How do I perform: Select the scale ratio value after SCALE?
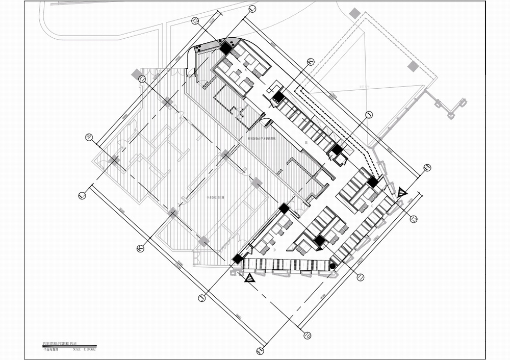[x=89, y=349]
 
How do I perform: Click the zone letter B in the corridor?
[x=306, y=142]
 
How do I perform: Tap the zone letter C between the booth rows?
[x=372, y=205]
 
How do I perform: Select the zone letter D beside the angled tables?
[x=274, y=250]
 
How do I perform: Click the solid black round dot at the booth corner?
[x=333, y=266]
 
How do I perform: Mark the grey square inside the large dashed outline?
[x=412, y=66]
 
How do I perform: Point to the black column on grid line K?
[x=278, y=96]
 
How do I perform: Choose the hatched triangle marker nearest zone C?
[x=402, y=192]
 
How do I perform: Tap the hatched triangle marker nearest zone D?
[x=249, y=278]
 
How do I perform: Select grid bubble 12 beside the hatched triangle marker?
[x=414, y=219]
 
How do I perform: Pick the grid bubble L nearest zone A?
[x=251, y=9]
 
